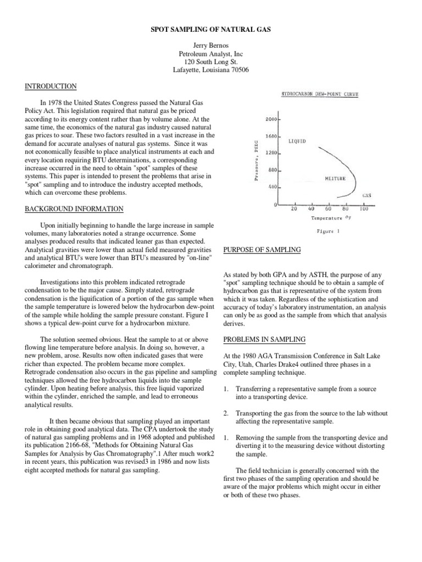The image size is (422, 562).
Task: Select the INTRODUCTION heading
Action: [x=50, y=86]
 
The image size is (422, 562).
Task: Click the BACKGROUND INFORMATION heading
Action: [x=74, y=209]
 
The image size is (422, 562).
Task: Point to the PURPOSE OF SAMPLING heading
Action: [x=262, y=250]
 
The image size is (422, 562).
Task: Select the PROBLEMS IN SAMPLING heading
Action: [x=264, y=339]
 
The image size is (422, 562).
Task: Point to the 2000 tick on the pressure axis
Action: [x=272, y=119]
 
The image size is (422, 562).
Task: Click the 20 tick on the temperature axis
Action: [x=294, y=209]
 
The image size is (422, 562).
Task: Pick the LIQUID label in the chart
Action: [x=297, y=141]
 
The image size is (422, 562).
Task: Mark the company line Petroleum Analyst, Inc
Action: [x=211, y=54]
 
